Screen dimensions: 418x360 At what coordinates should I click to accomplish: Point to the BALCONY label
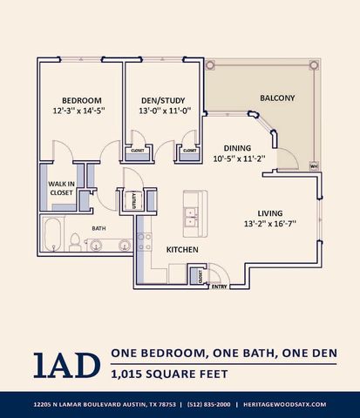click(277, 98)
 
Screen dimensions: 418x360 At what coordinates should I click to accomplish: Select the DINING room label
click(238, 148)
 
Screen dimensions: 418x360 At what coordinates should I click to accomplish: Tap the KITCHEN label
click(182, 251)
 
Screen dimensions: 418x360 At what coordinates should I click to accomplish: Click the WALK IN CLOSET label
click(61, 188)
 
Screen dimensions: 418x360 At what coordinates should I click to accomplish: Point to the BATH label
click(98, 229)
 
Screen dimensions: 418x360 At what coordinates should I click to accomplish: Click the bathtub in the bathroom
click(51, 235)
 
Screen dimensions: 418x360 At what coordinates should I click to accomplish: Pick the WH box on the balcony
click(313, 165)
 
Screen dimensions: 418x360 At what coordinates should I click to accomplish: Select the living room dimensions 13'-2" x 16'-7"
click(270, 223)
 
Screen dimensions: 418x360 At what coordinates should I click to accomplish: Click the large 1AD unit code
click(67, 364)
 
